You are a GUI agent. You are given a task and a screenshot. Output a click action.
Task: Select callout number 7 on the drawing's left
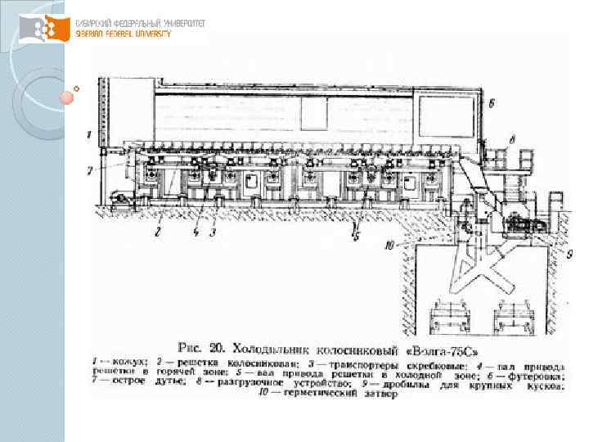(91, 169)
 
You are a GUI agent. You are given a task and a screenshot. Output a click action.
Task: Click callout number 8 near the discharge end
(511, 141)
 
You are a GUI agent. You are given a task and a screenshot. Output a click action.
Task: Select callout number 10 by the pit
(390, 242)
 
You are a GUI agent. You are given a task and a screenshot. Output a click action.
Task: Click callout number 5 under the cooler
(356, 232)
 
